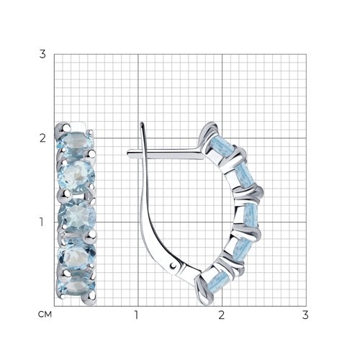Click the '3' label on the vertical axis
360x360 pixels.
click(x=42, y=55)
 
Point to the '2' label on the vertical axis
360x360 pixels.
click(x=42, y=138)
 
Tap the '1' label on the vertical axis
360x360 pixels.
click(x=42, y=222)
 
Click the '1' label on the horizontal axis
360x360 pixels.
click(x=136, y=315)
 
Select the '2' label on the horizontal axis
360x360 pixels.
click(x=221, y=315)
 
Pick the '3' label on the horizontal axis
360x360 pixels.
click(x=305, y=315)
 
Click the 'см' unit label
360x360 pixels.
click(x=45, y=315)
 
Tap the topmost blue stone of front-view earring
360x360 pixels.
click(x=75, y=143)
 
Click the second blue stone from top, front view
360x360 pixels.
click(x=77, y=176)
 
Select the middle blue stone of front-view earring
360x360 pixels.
click(x=77, y=215)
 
